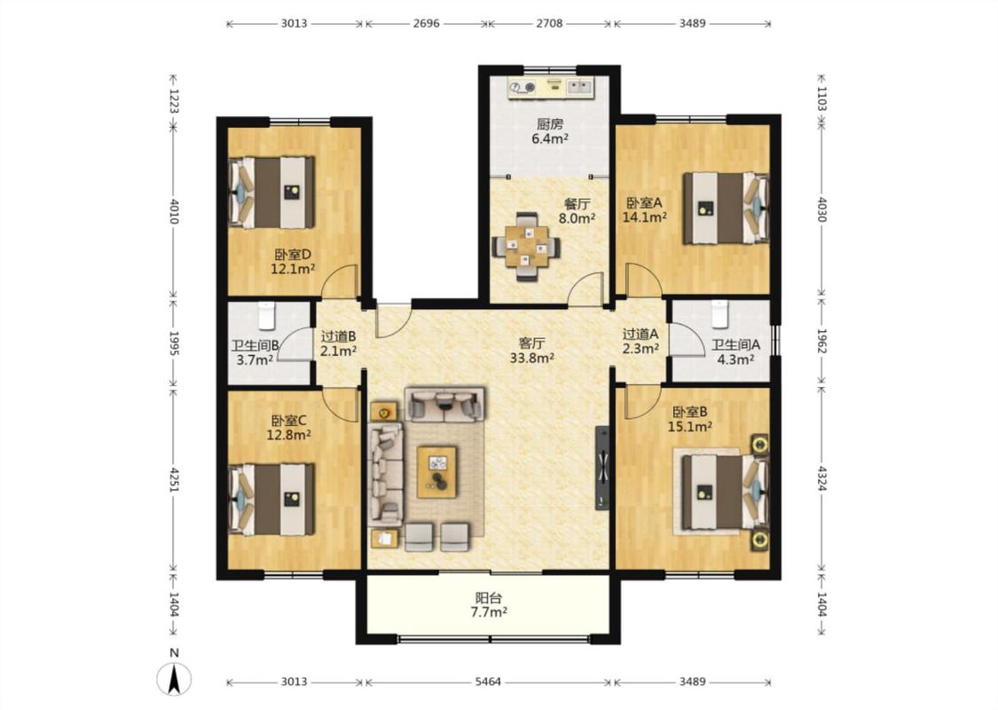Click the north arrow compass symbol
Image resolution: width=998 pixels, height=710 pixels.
pyautogui.click(x=174, y=678)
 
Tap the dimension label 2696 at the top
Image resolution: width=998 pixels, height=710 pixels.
pyautogui.click(x=426, y=24)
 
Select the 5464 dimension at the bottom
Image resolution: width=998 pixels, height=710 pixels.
pyautogui.click(x=488, y=682)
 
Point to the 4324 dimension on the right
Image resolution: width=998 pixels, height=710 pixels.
pyautogui.click(x=821, y=478)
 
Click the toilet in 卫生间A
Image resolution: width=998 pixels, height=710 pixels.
pyautogui.click(x=719, y=313)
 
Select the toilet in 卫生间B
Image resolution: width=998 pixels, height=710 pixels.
pyautogui.click(x=267, y=314)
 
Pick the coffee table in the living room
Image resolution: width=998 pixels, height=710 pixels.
pyautogui.click(x=436, y=472)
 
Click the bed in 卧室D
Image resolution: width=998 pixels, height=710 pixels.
pyautogui.click(x=272, y=193)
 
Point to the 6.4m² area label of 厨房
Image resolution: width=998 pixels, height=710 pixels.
pyautogui.click(x=550, y=138)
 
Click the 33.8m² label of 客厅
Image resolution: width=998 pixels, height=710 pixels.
pyautogui.click(x=531, y=358)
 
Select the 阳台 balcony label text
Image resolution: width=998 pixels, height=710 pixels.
pyautogui.click(x=488, y=598)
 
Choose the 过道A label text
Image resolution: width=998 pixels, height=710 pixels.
pyautogui.click(x=640, y=334)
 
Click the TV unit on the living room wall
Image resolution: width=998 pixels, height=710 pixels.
pyautogui.click(x=602, y=468)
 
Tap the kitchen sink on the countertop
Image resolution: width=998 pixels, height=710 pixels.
pyautogui.click(x=579, y=86)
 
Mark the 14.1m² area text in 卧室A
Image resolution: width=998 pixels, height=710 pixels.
pyautogui.click(x=644, y=217)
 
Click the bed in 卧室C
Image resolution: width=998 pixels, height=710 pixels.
pyautogui.click(x=272, y=499)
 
